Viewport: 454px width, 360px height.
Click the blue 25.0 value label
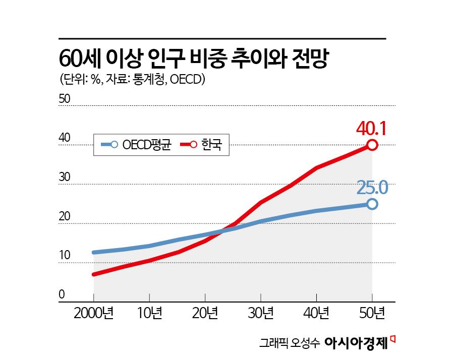coord(372,188)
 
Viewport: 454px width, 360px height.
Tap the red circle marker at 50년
coord(372,145)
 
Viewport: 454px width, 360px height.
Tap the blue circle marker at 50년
coord(372,204)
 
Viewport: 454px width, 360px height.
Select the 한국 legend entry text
coord(211,145)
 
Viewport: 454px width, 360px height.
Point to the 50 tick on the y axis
coord(65,99)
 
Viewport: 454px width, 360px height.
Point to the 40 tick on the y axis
coord(65,138)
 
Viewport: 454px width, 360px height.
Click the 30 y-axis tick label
coord(65,177)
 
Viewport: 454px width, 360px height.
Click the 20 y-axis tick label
coord(65,216)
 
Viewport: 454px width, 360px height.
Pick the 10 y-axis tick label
coord(64,256)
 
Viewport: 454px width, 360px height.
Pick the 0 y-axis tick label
coord(62,294)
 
